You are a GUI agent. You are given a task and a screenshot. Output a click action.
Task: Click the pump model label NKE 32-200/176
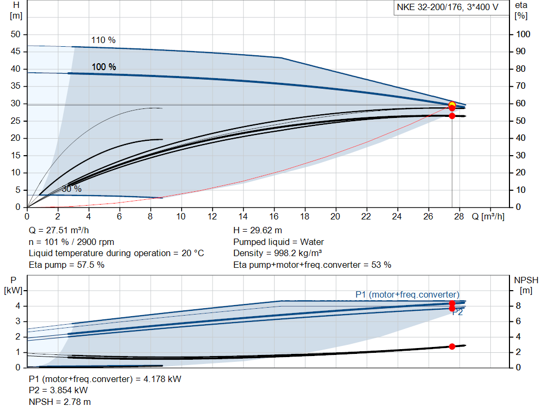click(447, 7)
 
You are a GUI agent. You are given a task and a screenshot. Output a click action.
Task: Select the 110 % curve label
click(103, 40)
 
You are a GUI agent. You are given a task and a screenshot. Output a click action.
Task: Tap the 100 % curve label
click(104, 67)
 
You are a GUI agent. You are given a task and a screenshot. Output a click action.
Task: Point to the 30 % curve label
click(71, 189)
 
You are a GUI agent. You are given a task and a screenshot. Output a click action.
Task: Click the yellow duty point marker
click(452, 105)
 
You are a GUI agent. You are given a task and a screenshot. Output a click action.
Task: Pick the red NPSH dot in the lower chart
click(452, 346)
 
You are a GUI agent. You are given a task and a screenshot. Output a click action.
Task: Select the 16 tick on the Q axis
click(274, 217)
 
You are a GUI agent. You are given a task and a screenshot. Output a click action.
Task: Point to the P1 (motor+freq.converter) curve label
click(407, 294)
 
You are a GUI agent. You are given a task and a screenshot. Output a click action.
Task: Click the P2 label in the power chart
click(457, 312)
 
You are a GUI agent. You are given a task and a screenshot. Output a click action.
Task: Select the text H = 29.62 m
click(258, 231)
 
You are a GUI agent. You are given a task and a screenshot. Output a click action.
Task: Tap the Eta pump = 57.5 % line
click(66, 265)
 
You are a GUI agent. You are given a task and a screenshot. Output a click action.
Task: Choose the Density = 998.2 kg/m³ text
click(277, 253)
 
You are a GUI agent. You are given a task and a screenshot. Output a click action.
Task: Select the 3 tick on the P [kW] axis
click(18, 321)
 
